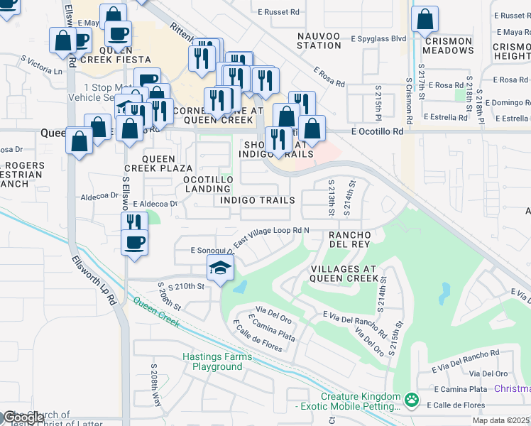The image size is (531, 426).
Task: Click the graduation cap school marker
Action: tap(221, 269)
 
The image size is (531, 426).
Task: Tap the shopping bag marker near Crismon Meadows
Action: tap(425, 21)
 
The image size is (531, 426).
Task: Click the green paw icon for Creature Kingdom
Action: tap(411, 401)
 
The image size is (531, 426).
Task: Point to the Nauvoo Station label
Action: tap(319, 40)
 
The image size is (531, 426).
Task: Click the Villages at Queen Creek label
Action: tap(344, 274)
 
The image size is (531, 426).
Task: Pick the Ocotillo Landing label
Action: tap(208, 185)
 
